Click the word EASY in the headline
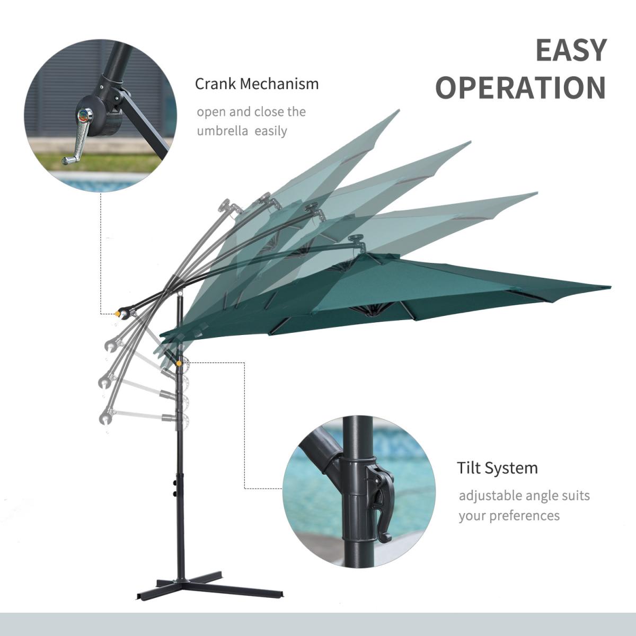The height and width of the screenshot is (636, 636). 571,50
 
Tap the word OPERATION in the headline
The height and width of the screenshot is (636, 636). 521,87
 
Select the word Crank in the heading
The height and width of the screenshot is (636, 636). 216,84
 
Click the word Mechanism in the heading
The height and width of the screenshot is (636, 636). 279,84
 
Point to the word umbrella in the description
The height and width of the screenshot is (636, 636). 223,131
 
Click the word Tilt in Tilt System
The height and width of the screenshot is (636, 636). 469,467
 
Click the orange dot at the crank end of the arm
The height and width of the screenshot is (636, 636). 117,314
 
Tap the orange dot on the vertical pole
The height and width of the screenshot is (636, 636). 179,364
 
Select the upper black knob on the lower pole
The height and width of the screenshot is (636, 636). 174,483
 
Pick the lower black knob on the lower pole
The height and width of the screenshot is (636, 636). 174,494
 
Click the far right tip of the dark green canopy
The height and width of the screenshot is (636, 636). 611,287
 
